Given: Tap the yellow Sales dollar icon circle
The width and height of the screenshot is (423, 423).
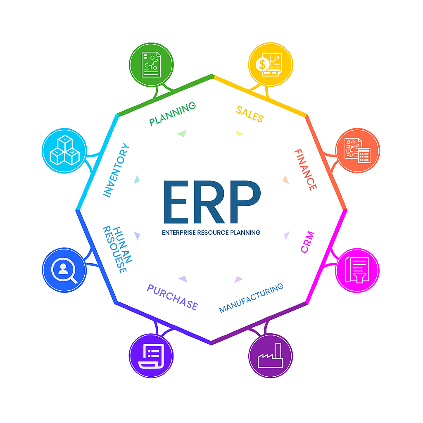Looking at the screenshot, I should click(x=271, y=64).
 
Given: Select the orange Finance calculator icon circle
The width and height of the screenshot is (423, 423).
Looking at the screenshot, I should click(x=358, y=150).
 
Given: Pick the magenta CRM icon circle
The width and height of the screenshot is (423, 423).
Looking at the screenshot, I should click(x=357, y=270).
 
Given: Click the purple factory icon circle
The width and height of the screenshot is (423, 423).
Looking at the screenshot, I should click(x=271, y=356).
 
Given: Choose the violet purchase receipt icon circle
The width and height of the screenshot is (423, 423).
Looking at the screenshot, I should click(x=151, y=356).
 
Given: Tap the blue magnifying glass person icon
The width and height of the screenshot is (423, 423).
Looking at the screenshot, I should click(x=64, y=270).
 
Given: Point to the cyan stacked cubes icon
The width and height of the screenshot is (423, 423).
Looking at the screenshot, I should click(x=64, y=150).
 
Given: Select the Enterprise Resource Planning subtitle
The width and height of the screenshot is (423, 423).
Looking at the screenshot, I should click(x=211, y=233).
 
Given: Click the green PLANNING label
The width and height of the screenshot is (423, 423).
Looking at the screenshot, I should click(x=173, y=114).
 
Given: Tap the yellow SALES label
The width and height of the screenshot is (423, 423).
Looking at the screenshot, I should click(x=250, y=114).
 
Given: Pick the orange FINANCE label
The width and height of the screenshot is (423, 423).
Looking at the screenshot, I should click(x=306, y=170).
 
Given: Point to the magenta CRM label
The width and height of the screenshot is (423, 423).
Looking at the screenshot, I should click(x=308, y=242).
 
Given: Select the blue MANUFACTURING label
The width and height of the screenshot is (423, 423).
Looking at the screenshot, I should click(x=251, y=297).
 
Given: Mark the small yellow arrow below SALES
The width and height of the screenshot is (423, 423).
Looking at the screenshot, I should click(x=240, y=133).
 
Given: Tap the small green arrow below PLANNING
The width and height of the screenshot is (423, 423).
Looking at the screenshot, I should click(x=182, y=133).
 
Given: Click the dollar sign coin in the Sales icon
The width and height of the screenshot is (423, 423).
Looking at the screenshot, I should click(x=262, y=64).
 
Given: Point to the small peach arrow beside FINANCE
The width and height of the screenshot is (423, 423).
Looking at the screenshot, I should click(x=286, y=179).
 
